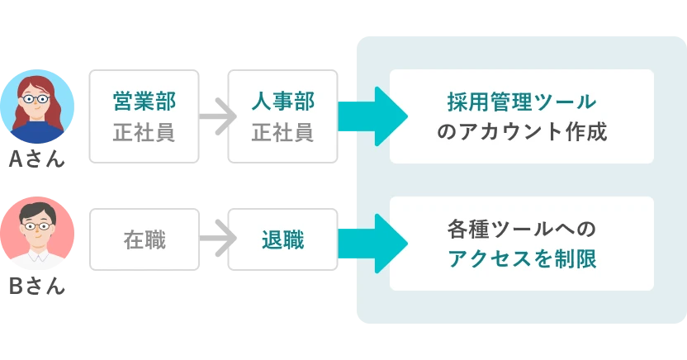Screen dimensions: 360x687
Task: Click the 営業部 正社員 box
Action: [144, 116]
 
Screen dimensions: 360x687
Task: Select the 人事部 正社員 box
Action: [282, 116]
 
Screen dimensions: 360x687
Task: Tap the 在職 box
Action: [144, 239]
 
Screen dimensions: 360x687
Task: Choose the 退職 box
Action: [282, 239]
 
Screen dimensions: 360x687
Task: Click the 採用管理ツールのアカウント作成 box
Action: [521, 116]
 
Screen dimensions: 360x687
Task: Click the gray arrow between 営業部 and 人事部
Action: [213, 116]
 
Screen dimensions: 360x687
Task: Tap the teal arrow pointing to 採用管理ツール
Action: [370, 116]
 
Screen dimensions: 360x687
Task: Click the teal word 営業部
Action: [144, 102]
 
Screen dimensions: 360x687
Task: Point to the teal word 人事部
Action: [282, 102]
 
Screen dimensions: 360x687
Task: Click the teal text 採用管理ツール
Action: [521, 102]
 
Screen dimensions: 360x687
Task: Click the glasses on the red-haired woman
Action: [36, 99]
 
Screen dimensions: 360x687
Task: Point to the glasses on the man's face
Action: [36, 225]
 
